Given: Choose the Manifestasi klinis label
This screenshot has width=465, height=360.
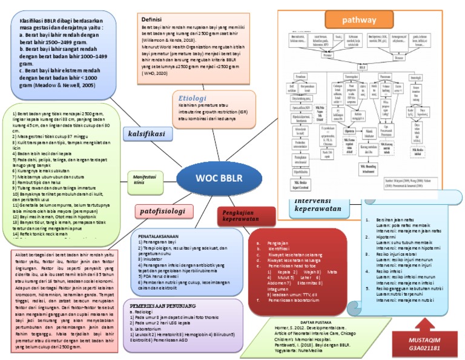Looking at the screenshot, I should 140,177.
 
